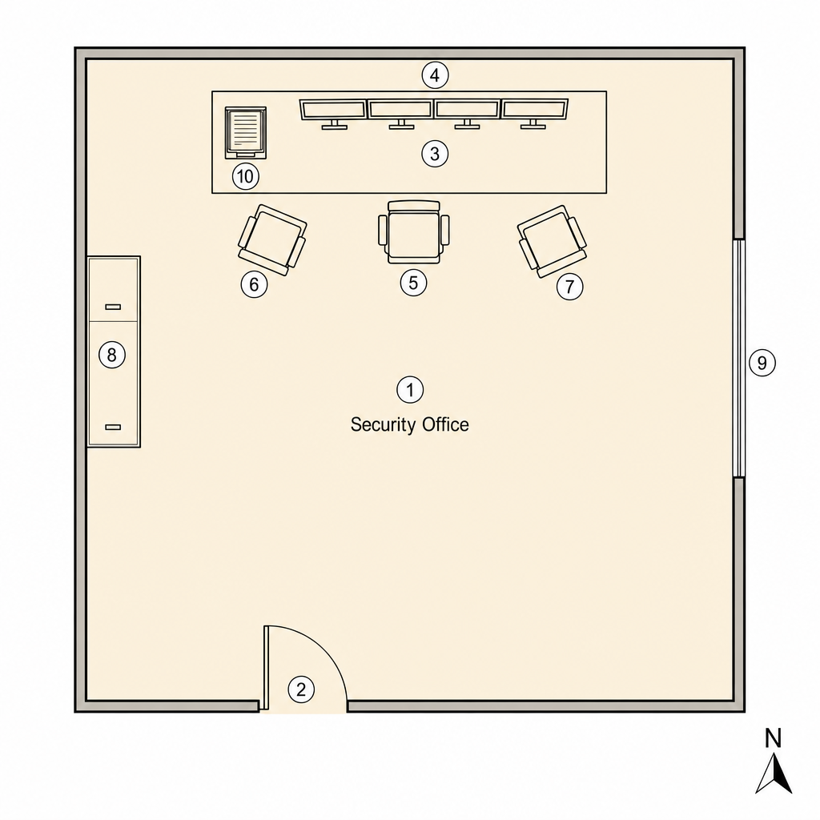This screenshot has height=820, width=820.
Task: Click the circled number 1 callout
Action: point(410,390)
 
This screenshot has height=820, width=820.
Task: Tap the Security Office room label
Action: point(409,424)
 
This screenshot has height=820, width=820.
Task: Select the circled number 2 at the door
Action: point(301,689)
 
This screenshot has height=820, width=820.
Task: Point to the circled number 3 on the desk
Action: point(435,154)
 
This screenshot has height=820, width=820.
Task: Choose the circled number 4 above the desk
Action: point(435,76)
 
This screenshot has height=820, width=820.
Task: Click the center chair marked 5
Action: point(414,232)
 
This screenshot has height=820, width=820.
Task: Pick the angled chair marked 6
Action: point(272,240)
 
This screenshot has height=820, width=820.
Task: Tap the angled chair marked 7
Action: point(553,241)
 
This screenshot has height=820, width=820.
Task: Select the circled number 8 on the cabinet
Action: point(112,355)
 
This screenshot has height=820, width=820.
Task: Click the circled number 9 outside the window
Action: point(762,363)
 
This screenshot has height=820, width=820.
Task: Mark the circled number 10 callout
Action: point(246,176)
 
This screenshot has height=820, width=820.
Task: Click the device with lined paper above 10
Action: point(245,133)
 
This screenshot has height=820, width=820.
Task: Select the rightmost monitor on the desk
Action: point(534,113)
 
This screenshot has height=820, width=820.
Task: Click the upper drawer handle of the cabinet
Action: point(113,307)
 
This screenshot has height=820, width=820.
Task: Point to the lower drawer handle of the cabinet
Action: point(113,428)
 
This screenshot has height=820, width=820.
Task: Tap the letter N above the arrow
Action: point(773,738)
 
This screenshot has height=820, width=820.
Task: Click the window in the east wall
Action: point(739,358)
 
